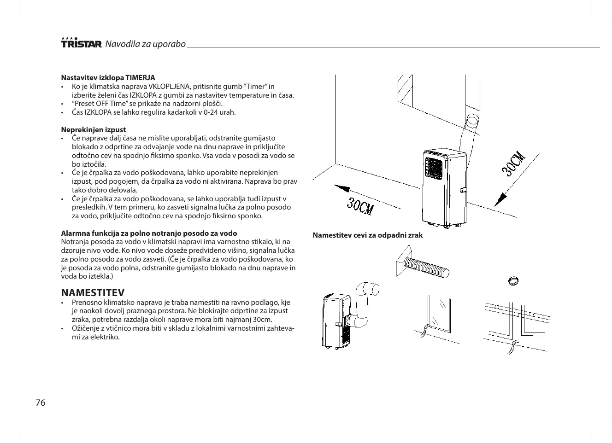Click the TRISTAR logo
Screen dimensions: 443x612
point(81,43)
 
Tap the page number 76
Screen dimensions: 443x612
point(41,402)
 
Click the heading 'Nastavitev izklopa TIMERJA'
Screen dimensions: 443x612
point(108,77)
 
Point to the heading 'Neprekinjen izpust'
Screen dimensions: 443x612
point(94,129)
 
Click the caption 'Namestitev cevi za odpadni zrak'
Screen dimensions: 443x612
point(367,235)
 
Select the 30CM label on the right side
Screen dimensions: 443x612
point(514,163)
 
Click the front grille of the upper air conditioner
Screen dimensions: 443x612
point(435,169)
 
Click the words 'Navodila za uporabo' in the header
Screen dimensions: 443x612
point(145,44)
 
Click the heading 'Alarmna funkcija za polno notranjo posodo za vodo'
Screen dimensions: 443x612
point(149,233)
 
